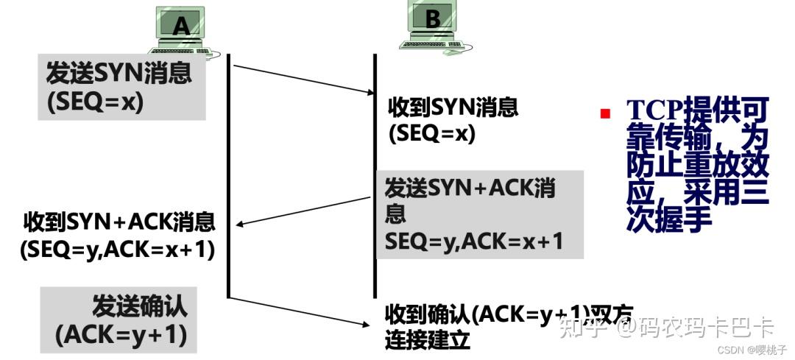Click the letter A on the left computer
click(x=181, y=27)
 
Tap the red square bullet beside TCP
click(x=605, y=113)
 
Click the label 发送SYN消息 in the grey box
click(x=119, y=74)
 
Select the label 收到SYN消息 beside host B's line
click(x=453, y=108)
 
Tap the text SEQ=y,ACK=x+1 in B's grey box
click(x=474, y=240)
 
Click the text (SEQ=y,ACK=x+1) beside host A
click(x=118, y=250)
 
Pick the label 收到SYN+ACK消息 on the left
click(x=119, y=222)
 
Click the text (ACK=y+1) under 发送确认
click(x=121, y=335)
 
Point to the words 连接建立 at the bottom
click(x=427, y=341)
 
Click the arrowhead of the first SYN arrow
click(x=370, y=92)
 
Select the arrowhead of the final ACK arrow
click(x=370, y=323)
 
